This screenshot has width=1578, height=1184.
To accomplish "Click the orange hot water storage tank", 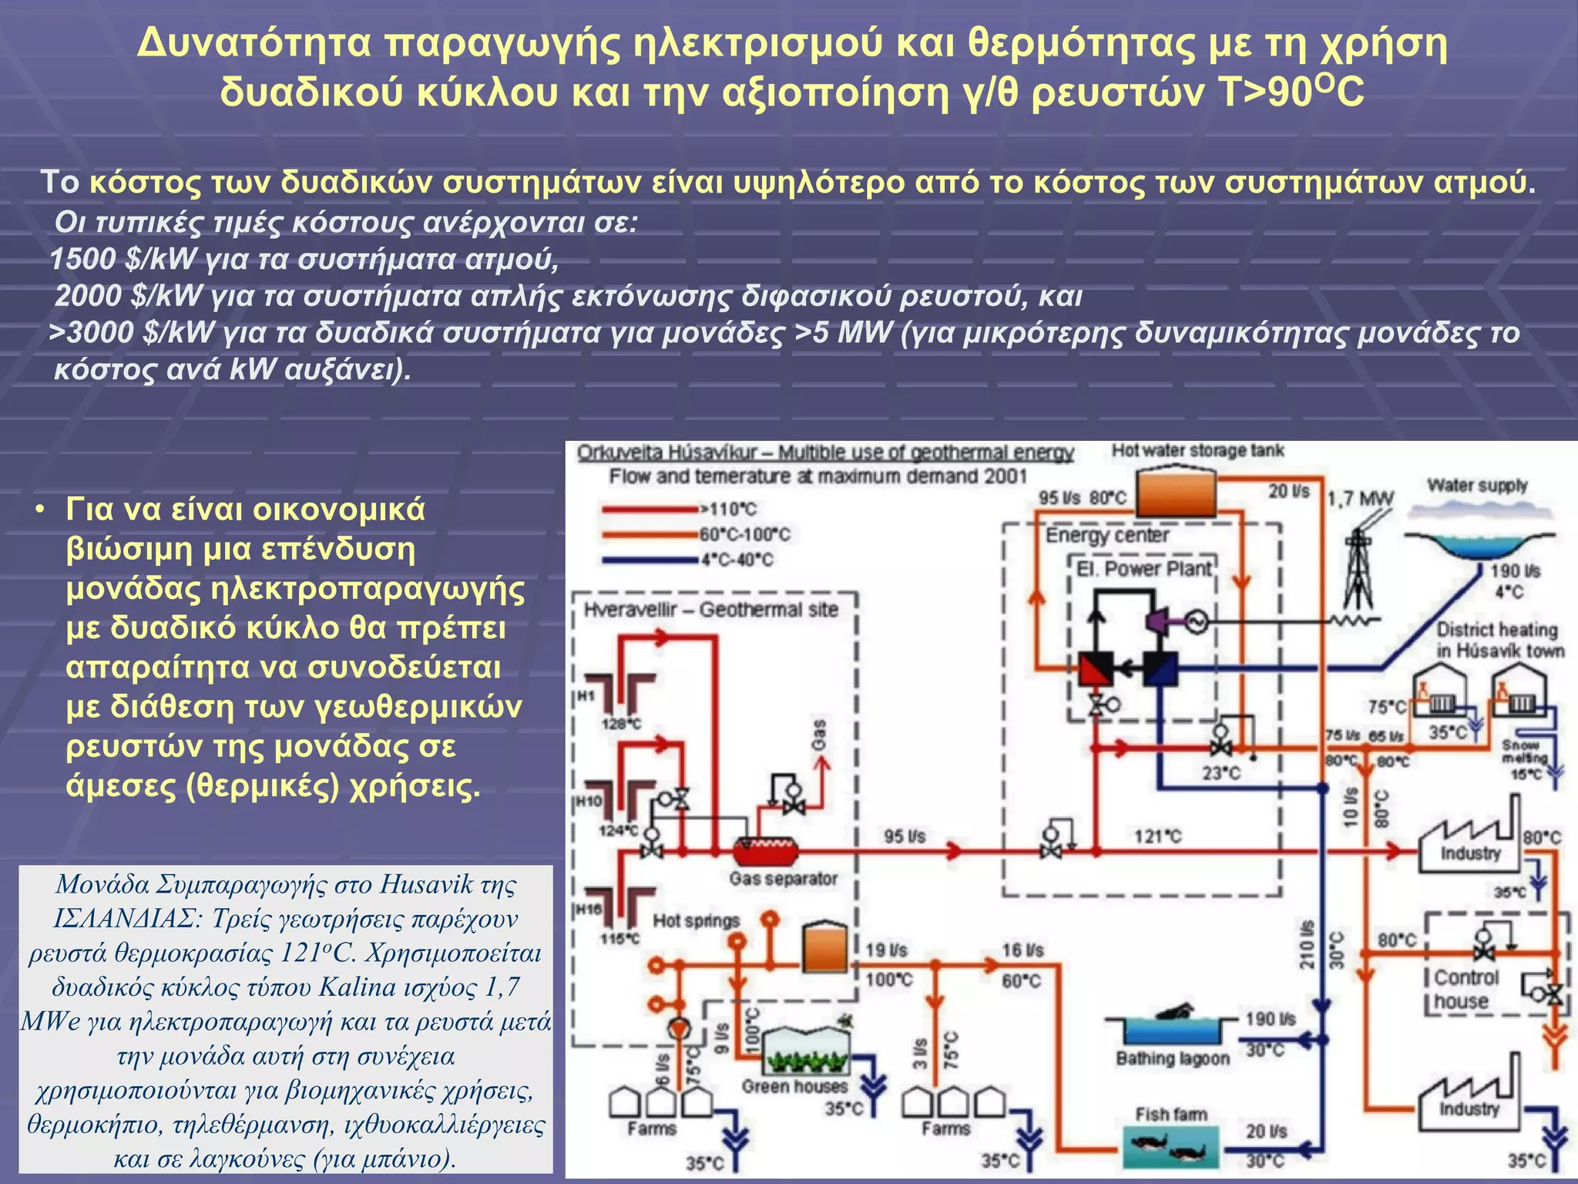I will [x=1177, y=493].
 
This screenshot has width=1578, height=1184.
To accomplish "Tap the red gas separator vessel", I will [x=764, y=851].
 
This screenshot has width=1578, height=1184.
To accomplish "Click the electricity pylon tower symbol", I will [x=1358, y=570].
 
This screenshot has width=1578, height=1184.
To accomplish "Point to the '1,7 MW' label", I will [x=1360, y=499].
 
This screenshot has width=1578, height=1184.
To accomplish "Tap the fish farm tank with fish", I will [x=1170, y=1147].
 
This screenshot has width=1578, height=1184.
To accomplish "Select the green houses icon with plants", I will [x=805, y=1051].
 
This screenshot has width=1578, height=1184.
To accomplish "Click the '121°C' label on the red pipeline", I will [x=1157, y=836].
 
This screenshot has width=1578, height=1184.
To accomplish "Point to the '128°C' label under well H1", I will [x=621, y=725].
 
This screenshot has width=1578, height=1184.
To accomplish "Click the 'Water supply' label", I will [x=1476, y=486].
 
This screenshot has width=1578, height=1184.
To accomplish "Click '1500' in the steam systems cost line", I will [x=82, y=259].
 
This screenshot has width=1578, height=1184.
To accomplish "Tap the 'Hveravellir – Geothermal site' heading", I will [x=710, y=610].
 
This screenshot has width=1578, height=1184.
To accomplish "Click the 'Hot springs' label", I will [x=696, y=920].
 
